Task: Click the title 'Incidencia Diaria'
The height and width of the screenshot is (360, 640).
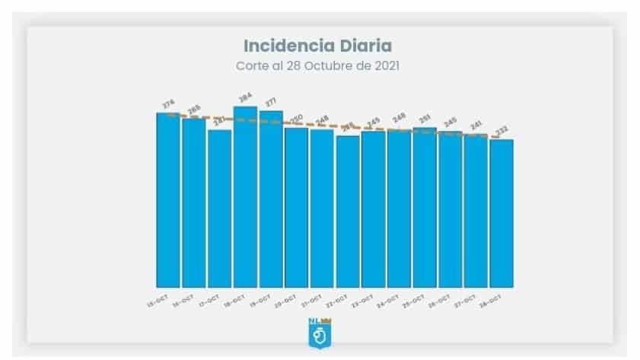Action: [318, 45]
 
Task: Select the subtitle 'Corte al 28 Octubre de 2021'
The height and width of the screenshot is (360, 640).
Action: [318, 65]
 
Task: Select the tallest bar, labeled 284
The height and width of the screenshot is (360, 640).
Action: [245, 197]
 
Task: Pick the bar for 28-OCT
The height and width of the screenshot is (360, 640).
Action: [501, 213]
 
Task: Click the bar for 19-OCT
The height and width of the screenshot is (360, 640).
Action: [271, 199]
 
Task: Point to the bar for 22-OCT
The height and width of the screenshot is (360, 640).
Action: [348, 212]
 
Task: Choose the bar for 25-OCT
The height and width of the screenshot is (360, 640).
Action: [425, 208]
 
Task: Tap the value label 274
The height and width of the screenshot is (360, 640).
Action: [169, 104]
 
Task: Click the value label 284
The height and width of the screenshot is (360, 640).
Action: [245, 97]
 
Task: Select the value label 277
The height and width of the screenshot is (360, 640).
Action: [271, 102]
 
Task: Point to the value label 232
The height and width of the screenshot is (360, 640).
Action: [501, 131]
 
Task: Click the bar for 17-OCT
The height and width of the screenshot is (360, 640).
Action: [219, 209]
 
